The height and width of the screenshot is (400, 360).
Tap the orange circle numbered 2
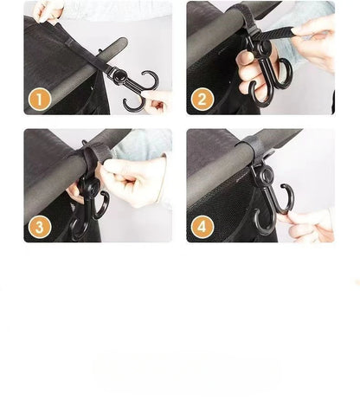click(202, 99)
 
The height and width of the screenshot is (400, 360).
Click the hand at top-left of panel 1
click(48, 10)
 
